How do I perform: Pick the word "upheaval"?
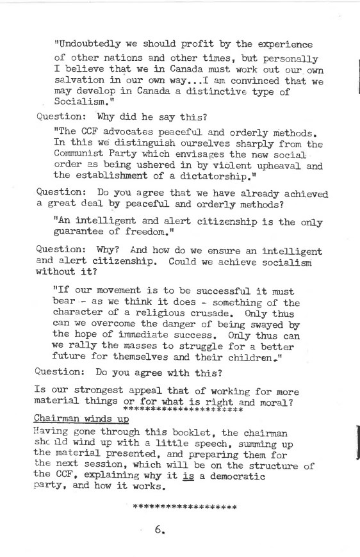pyautogui.click(x=271, y=165)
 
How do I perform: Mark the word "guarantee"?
pyautogui.click(x=79, y=233)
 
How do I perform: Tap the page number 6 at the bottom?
pyautogui.click(x=159, y=529)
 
